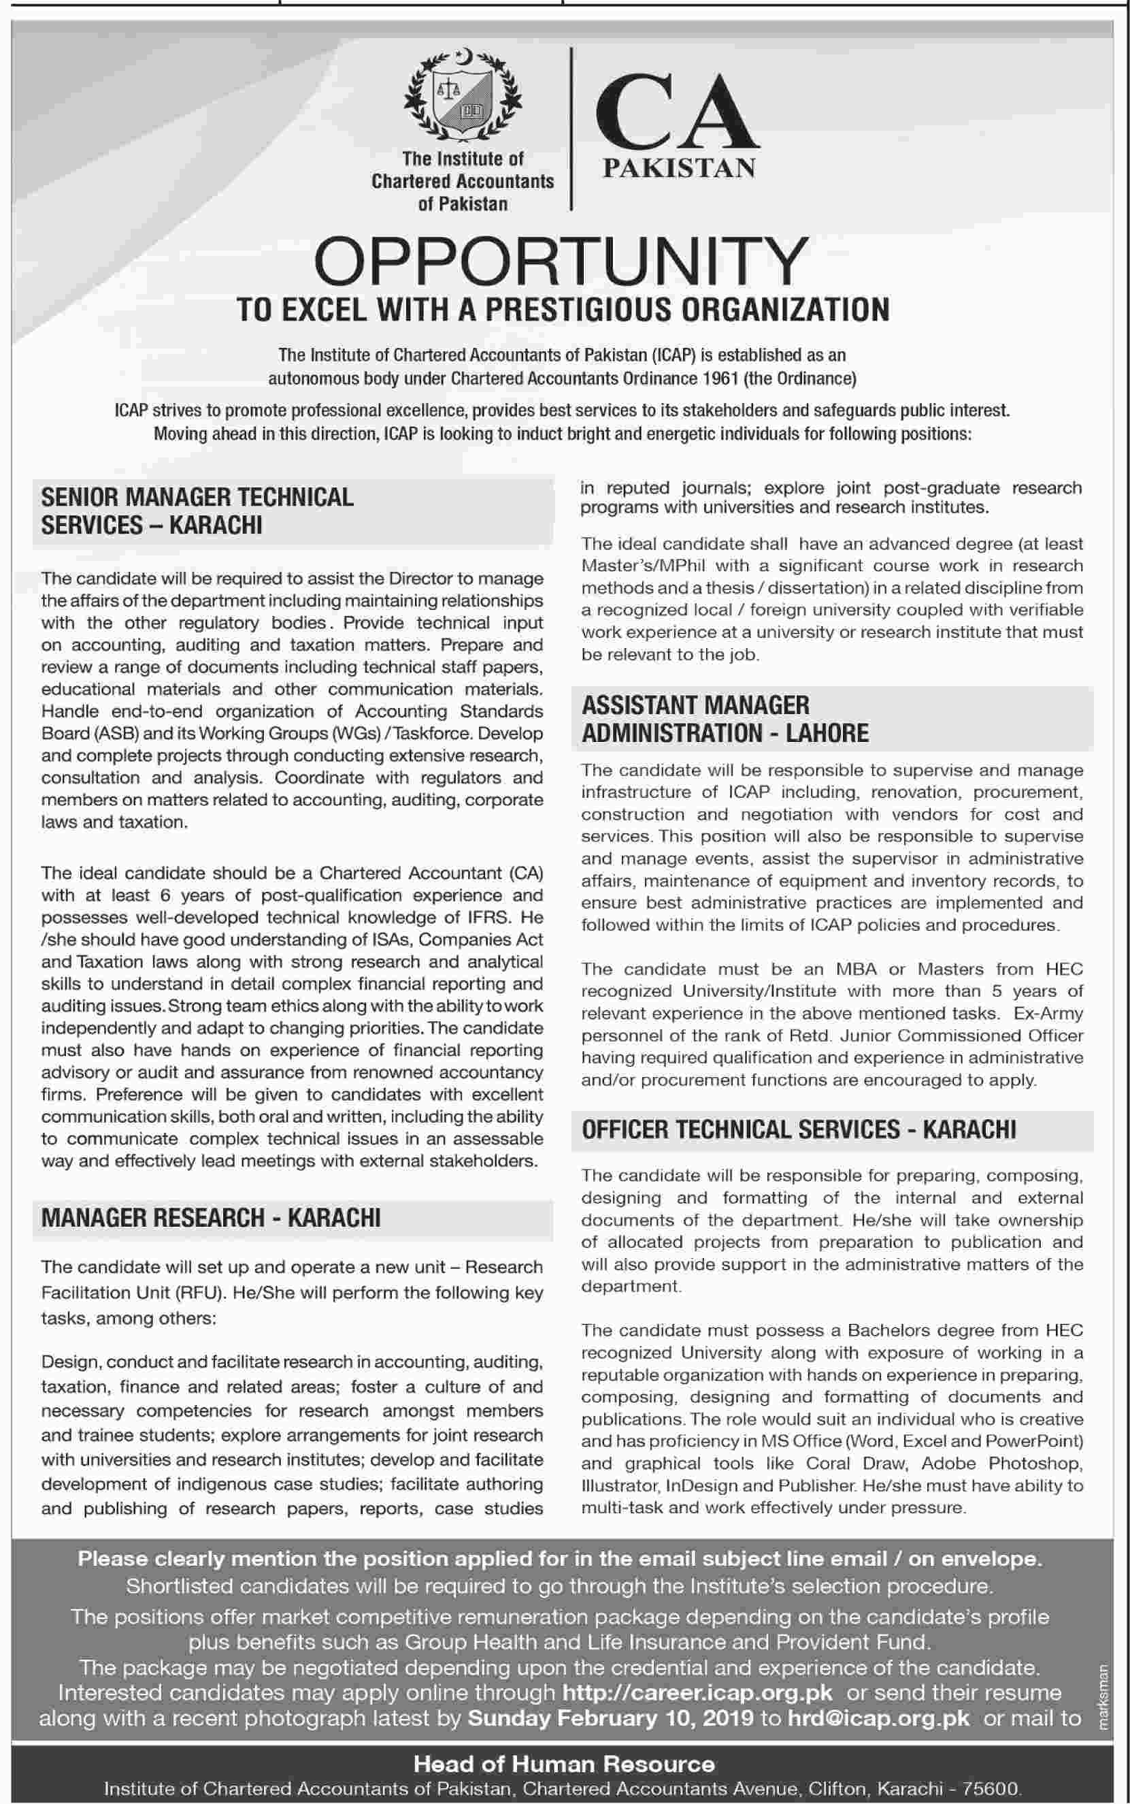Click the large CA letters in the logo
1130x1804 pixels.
coord(677,112)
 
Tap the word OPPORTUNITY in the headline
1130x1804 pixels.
coord(561,261)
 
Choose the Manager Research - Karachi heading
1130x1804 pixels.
coord(211,1218)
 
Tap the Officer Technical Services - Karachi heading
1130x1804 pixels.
coord(799,1129)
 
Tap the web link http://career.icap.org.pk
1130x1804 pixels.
coord(697,1692)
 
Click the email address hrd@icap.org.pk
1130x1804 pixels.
coord(879,1718)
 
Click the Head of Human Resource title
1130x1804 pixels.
coord(564,1764)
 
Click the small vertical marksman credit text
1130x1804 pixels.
coord(1106,1697)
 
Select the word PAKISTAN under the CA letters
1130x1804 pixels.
coord(678,168)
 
